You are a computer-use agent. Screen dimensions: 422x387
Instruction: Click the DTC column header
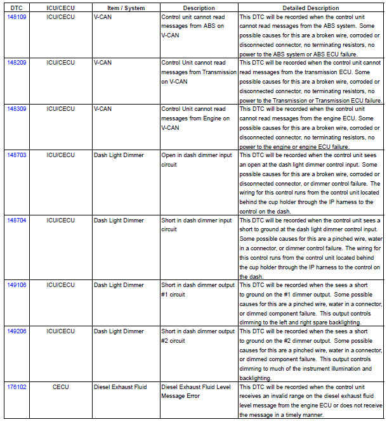click(x=16, y=8)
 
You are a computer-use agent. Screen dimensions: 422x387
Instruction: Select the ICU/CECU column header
click(x=61, y=8)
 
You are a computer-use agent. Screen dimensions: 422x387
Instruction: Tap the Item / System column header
click(x=126, y=8)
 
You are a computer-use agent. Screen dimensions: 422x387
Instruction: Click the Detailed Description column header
click(x=310, y=8)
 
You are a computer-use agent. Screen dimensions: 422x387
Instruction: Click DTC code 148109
click(x=16, y=17)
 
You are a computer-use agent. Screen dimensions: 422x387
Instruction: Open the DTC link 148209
click(x=16, y=63)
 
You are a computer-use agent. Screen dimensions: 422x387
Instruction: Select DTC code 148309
click(x=16, y=109)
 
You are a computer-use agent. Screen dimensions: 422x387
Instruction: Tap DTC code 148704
click(x=16, y=220)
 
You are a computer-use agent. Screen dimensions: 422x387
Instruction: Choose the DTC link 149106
click(x=16, y=285)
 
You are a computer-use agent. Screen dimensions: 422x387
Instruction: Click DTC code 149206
click(x=16, y=331)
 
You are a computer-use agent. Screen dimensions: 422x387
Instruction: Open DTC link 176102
click(x=16, y=387)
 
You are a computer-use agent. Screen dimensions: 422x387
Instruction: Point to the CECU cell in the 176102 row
click(x=61, y=387)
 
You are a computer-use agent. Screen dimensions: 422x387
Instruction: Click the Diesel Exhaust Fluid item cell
click(x=121, y=387)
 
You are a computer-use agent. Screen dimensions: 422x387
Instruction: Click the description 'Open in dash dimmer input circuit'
click(x=196, y=160)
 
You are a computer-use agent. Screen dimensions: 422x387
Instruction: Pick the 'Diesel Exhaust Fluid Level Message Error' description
click(x=197, y=391)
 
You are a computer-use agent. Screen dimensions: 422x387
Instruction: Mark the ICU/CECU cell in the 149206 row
click(x=61, y=331)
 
